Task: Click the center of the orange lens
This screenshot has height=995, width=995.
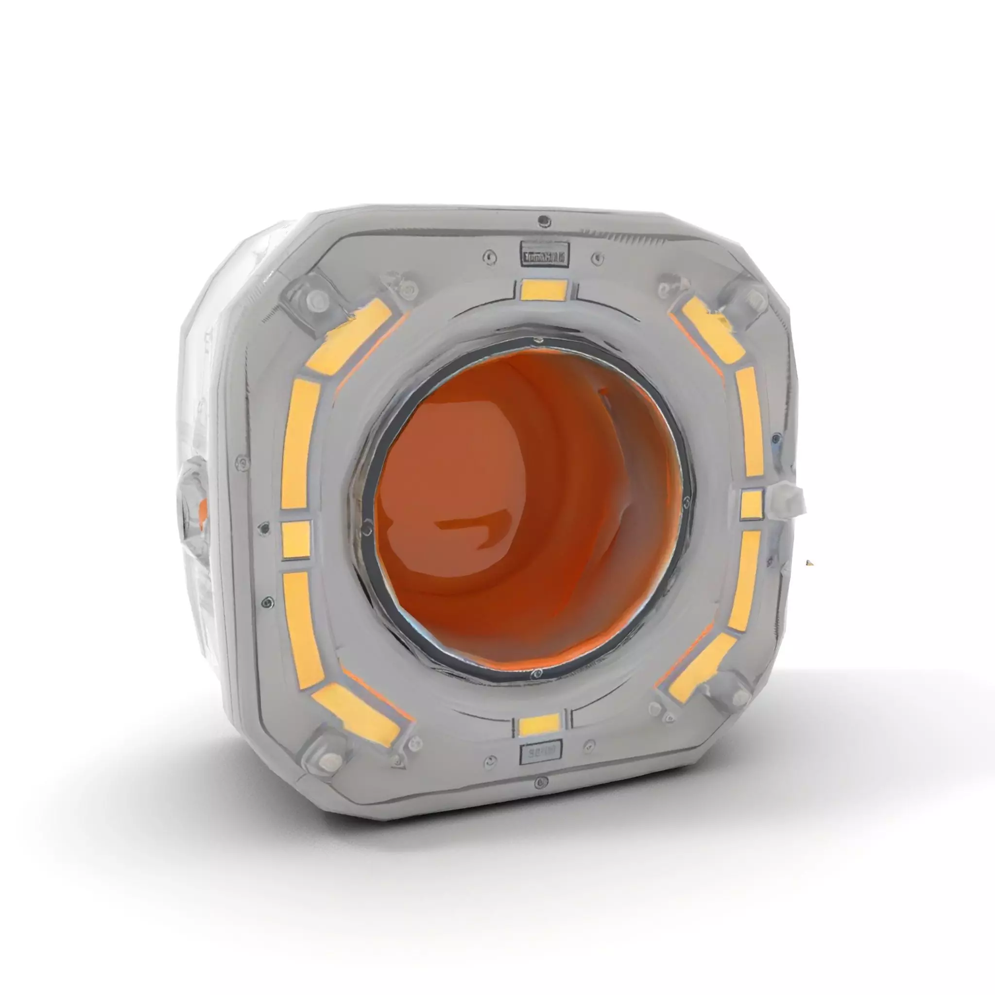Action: [x=528, y=507]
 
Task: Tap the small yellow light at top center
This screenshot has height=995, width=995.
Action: [x=543, y=290]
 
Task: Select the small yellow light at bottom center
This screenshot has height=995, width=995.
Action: [x=539, y=725]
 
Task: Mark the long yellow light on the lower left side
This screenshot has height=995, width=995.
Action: [x=303, y=629]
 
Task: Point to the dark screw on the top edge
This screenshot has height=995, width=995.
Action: [x=542, y=222]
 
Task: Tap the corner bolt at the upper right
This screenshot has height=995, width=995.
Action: [x=753, y=296]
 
